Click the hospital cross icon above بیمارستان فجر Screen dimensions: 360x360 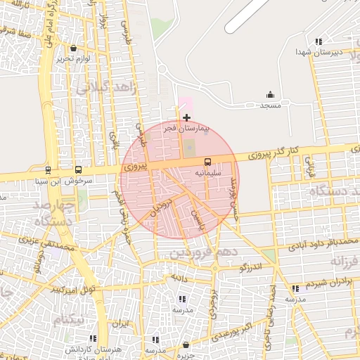pos(186,117)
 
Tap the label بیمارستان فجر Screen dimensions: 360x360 pos(184,129)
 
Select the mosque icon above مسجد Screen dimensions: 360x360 pos(270,95)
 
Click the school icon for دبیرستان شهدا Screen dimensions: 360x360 pos(319,41)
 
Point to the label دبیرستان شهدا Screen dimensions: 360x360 pos(318,53)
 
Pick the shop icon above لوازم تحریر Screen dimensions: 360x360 pos(73,49)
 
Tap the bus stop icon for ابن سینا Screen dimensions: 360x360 pos(48,169)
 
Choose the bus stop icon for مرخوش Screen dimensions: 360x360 pos(77,169)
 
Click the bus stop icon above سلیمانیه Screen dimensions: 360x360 pos(207,161)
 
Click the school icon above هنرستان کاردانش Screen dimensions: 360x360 pos(93,338)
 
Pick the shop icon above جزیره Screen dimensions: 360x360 pos(186,345)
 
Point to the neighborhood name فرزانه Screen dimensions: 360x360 pos(345,262)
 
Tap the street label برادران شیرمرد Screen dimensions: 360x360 pos(328,281)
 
